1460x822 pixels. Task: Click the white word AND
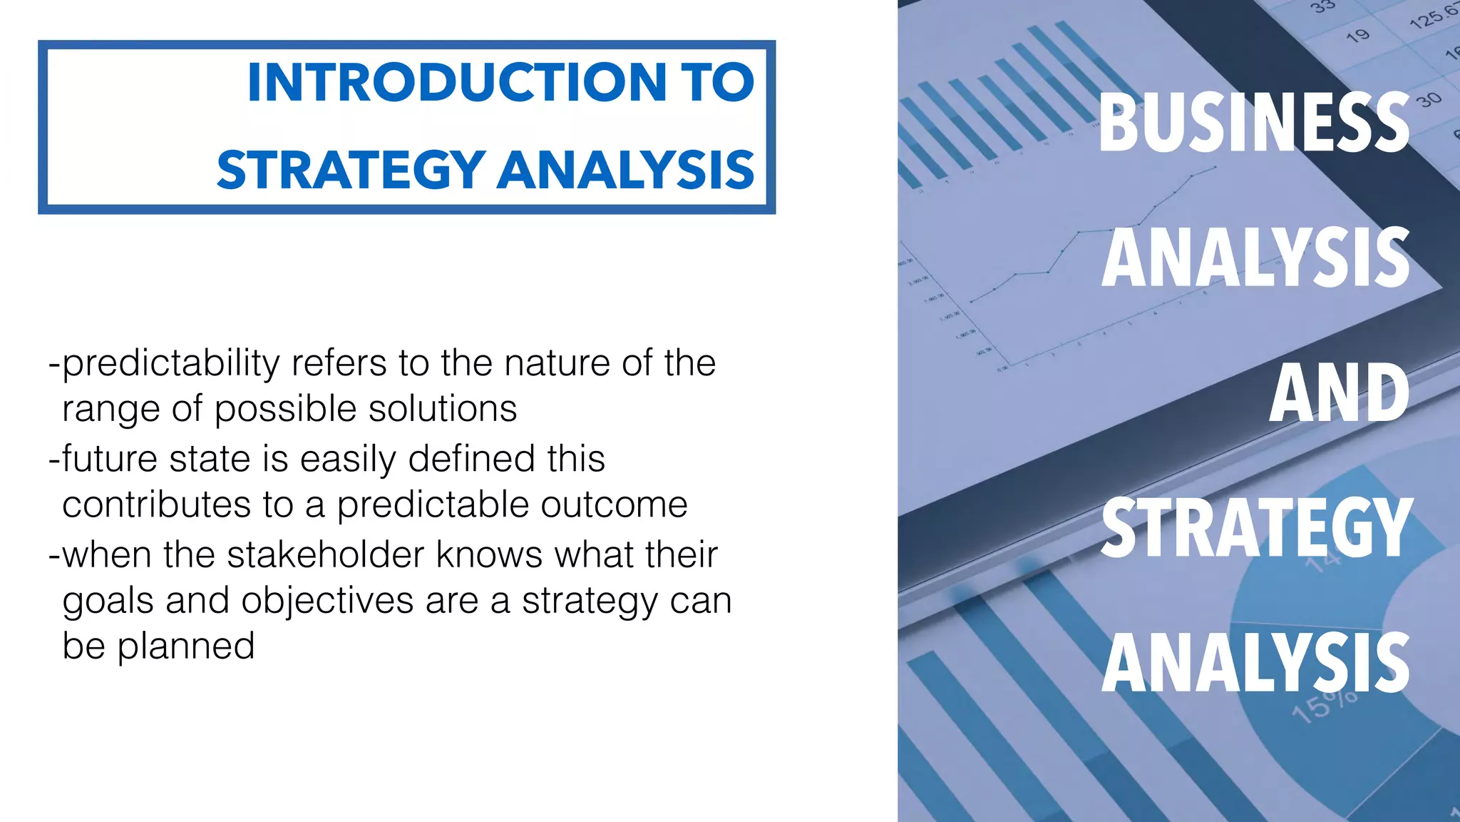[x=1338, y=393]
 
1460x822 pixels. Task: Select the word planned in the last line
[x=185, y=646]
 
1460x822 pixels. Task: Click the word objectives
[x=327, y=600]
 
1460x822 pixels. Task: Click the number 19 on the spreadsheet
[x=1357, y=35]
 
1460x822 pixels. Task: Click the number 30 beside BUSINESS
[x=1429, y=100]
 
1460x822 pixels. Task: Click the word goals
[x=108, y=602]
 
